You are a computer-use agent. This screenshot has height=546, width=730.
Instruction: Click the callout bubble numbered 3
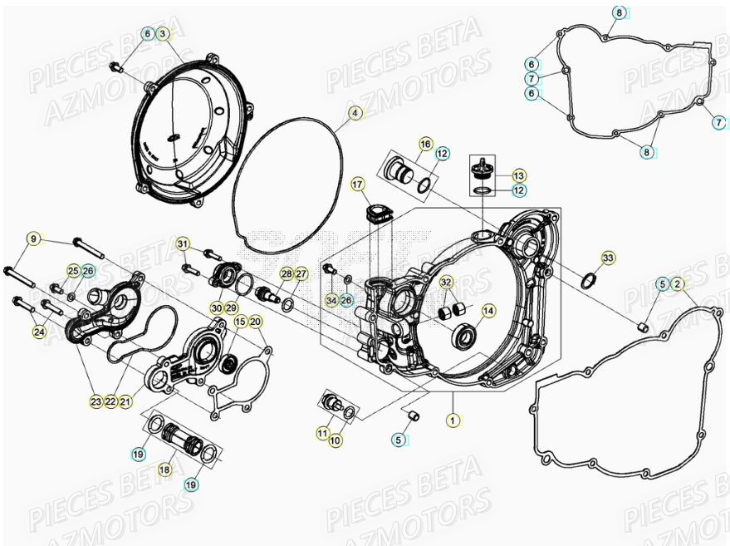point(163,33)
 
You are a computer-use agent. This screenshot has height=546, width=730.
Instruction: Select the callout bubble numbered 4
point(355,112)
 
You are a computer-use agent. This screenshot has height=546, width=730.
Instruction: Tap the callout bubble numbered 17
point(357,184)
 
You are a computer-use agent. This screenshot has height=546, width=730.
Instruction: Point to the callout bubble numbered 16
point(424,144)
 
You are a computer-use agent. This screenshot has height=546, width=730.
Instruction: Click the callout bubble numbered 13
point(518,175)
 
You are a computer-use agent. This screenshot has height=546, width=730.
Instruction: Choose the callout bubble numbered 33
point(608,259)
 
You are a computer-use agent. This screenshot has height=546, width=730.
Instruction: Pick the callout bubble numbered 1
point(453,421)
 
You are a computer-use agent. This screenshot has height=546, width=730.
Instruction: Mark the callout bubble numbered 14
point(488,311)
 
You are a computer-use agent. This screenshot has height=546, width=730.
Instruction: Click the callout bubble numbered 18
point(164,470)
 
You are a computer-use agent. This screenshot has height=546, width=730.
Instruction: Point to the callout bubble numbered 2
point(678,284)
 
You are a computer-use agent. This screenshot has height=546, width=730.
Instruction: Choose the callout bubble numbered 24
point(39,332)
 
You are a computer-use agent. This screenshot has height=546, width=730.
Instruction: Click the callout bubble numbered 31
point(183,243)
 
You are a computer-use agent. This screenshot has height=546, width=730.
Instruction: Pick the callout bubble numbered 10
point(336,440)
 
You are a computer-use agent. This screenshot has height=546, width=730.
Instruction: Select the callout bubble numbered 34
point(331,299)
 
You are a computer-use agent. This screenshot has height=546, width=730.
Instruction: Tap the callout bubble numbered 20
point(255,322)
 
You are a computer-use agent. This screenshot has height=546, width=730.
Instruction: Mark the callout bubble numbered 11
point(322,433)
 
